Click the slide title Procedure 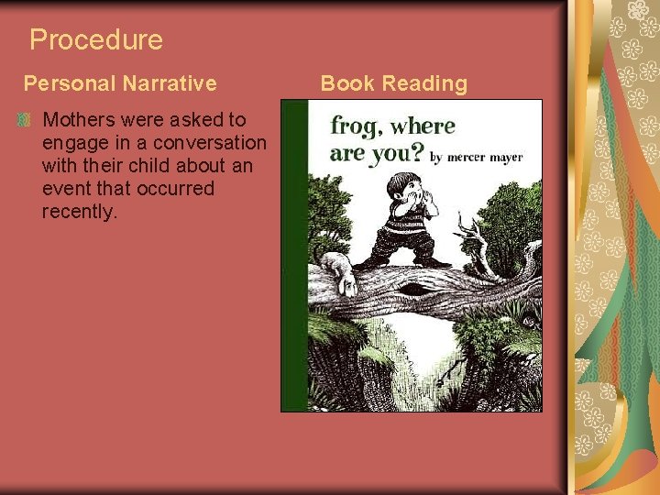coord(95,39)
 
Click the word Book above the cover coord(347,83)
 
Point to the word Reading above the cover coord(424,83)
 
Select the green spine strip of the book coord(293,257)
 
